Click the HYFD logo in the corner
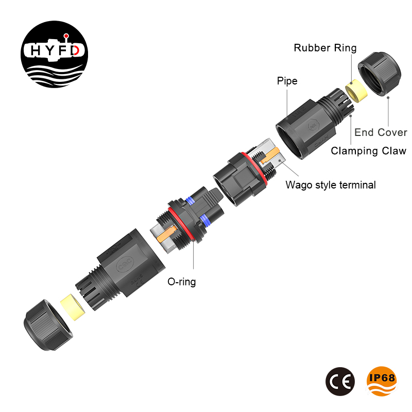click(55, 55)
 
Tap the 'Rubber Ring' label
click(325, 48)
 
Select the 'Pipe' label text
click(287, 81)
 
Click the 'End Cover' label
click(381, 132)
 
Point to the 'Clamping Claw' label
click(368, 151)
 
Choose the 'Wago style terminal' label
click(331, 185)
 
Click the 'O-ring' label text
click(182, 282)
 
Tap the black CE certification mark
click(340, 381)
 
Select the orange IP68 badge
click(382, 381)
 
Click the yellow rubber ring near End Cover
click(356, 91)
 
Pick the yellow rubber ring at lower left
click(72, 307)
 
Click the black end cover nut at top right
click(380, 74)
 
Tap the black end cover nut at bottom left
click(48, 325)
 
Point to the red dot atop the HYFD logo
click(66, 36)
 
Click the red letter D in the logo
click(76, 50)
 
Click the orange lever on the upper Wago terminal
click(270, 154)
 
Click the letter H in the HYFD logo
click(36, 50)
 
